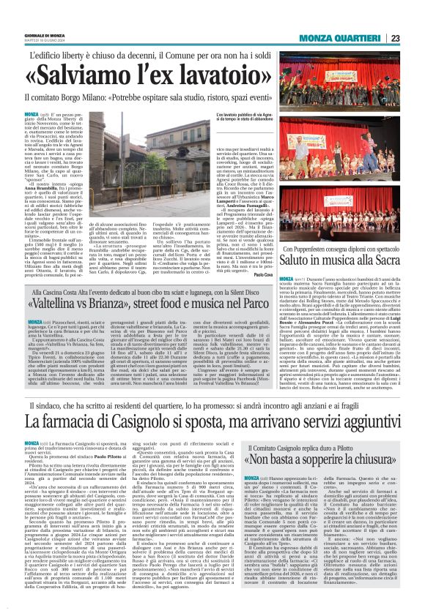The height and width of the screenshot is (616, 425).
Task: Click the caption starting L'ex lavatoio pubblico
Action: pos(248,118)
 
